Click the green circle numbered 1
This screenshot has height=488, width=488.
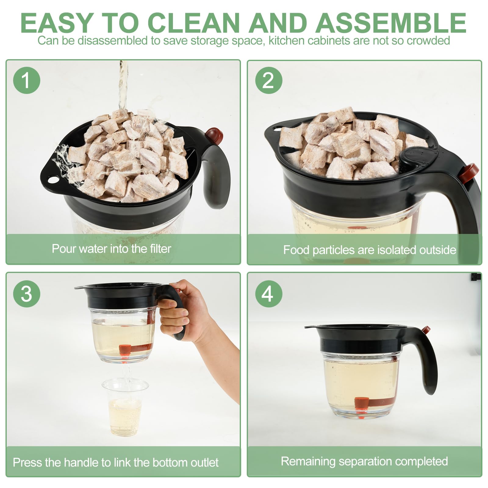pyautogui.click(x=27, y=80)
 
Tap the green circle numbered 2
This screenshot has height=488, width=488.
pyautogui.click(x=268, y=80)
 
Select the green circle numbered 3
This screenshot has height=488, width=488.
pyautogui.click(x=27, y=294)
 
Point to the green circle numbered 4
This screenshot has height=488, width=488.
pyautogui.click(x=268, y=294)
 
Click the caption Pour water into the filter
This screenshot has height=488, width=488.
pyautogui.click(x=111, y=249)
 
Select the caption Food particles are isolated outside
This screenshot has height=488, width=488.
pyautogui.click(x=369, y=250)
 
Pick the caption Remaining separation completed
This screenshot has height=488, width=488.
pyautogui.click(x=364, y=461)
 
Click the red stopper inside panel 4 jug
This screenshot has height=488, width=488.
pyautogui.click(x=362, y=403)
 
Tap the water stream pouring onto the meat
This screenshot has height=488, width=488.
pyautogui.click(x=123, y=85)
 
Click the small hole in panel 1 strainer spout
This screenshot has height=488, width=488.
pyautogui.click(x=53, y=180)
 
